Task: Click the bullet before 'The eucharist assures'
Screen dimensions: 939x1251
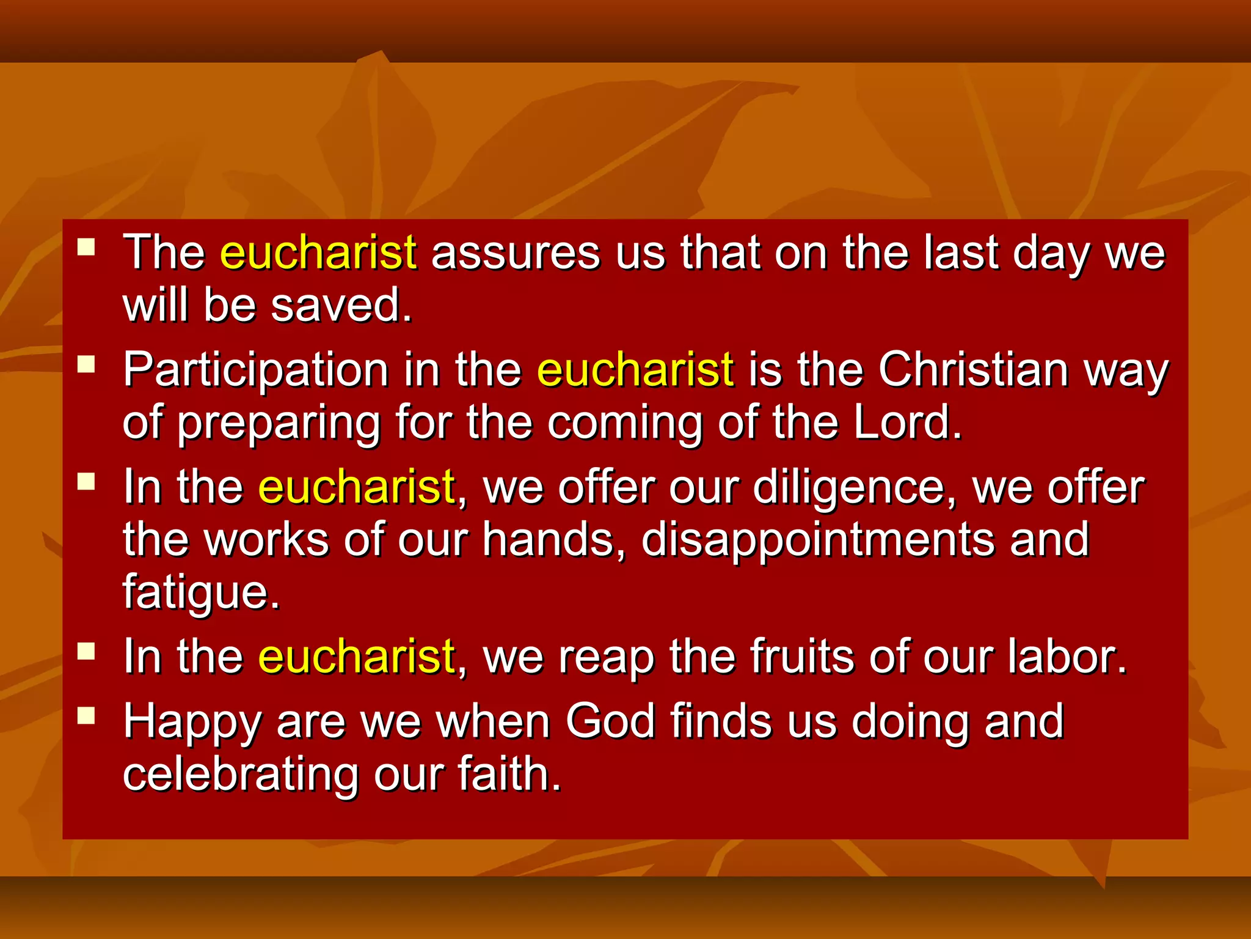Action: (x=86, y=247)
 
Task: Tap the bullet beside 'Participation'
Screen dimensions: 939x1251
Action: (x=86, y=364)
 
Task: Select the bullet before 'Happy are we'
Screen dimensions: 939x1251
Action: (x=86, y=715)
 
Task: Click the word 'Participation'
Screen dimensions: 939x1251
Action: (x=256, y=371)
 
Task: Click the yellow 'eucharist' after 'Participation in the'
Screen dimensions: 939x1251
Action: (x=635, y=370)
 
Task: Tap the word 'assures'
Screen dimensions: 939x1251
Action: (x=516, y=253)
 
